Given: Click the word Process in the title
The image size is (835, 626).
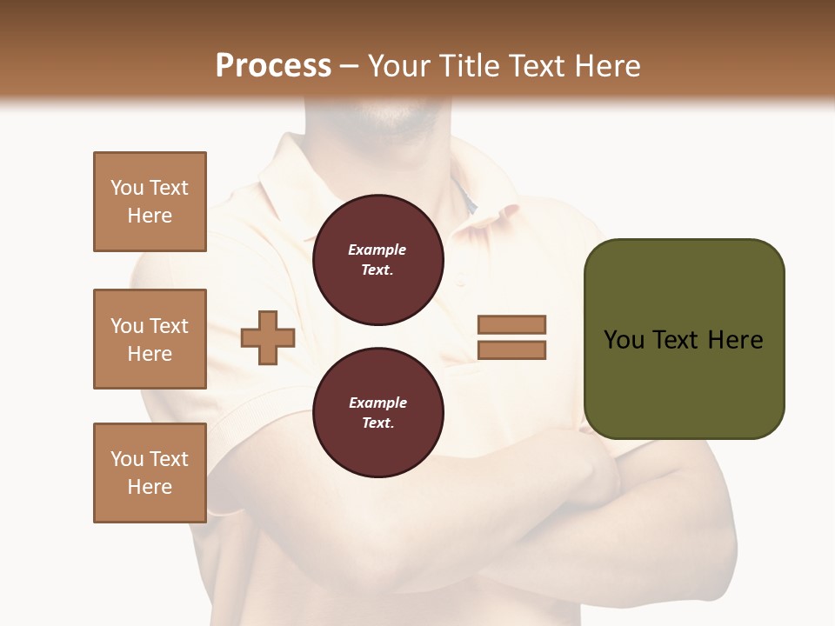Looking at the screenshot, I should (x=273, y=66).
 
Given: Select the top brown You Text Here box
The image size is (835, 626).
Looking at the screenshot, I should (x=150, y=202).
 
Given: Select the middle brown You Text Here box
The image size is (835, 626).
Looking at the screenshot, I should (x=150, y=339).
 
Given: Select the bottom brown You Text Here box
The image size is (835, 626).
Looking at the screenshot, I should (x=150, y=472).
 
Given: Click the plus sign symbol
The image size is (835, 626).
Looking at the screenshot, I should (x=267, y=337).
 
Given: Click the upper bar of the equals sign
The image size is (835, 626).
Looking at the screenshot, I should (x=511, y=324).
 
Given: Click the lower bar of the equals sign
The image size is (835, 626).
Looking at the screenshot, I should (x=511, y=350).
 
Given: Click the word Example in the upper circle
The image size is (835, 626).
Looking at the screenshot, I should (x=377, y=250).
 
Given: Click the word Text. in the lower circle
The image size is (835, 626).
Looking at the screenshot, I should (x=377, y=423).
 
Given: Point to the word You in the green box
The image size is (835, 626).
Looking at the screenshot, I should (x=624, y=340).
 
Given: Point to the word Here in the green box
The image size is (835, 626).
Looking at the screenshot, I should (x=735, y=340).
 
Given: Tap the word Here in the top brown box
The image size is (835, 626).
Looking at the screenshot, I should (x=150, y=216).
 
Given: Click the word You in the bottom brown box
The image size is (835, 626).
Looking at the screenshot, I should (x=127, y=458).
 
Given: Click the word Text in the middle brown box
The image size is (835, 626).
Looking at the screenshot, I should (x=169, y=326).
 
